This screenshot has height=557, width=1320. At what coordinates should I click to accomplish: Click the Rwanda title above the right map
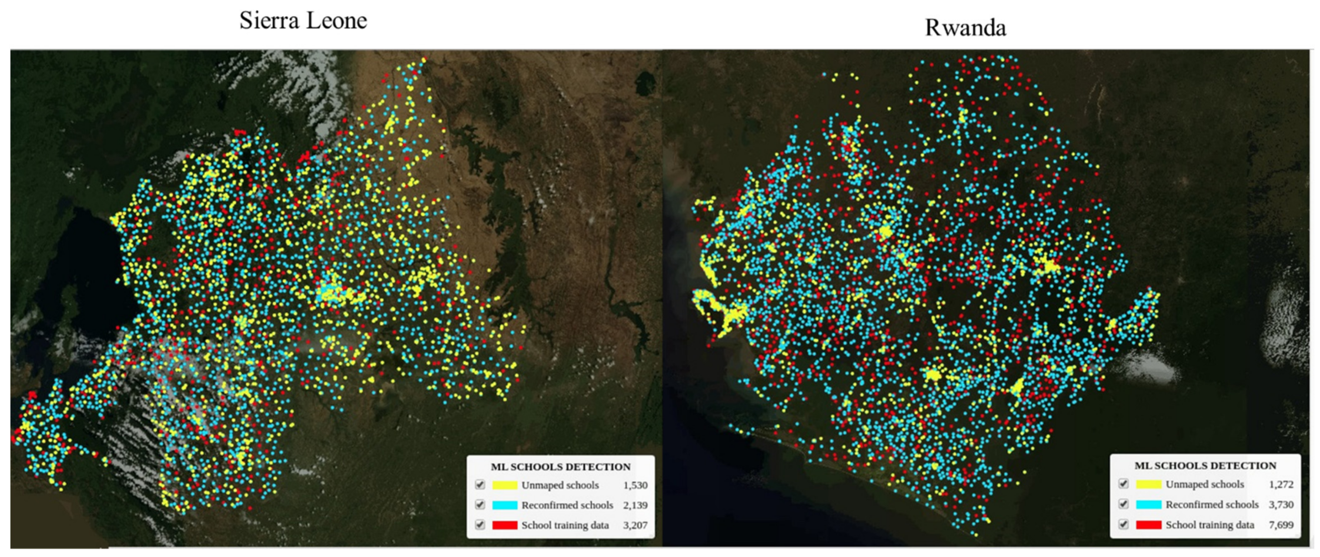(966, 28)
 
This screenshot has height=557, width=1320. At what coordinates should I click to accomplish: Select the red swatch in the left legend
(505, 525)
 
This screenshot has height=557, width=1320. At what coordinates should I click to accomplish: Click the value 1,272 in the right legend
(1281, 484)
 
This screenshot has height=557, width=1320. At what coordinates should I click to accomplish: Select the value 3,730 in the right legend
(1281, 505)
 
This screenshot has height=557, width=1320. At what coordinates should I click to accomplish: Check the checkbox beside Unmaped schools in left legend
(480, 485)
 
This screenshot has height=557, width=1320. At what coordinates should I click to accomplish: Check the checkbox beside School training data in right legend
(1123, 524)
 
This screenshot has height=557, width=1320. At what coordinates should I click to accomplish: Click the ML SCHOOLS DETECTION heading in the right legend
(1205, 466)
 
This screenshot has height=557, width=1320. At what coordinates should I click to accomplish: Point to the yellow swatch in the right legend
(1148, 484)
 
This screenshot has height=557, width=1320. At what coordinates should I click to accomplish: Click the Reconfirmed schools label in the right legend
(1212, 505)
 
